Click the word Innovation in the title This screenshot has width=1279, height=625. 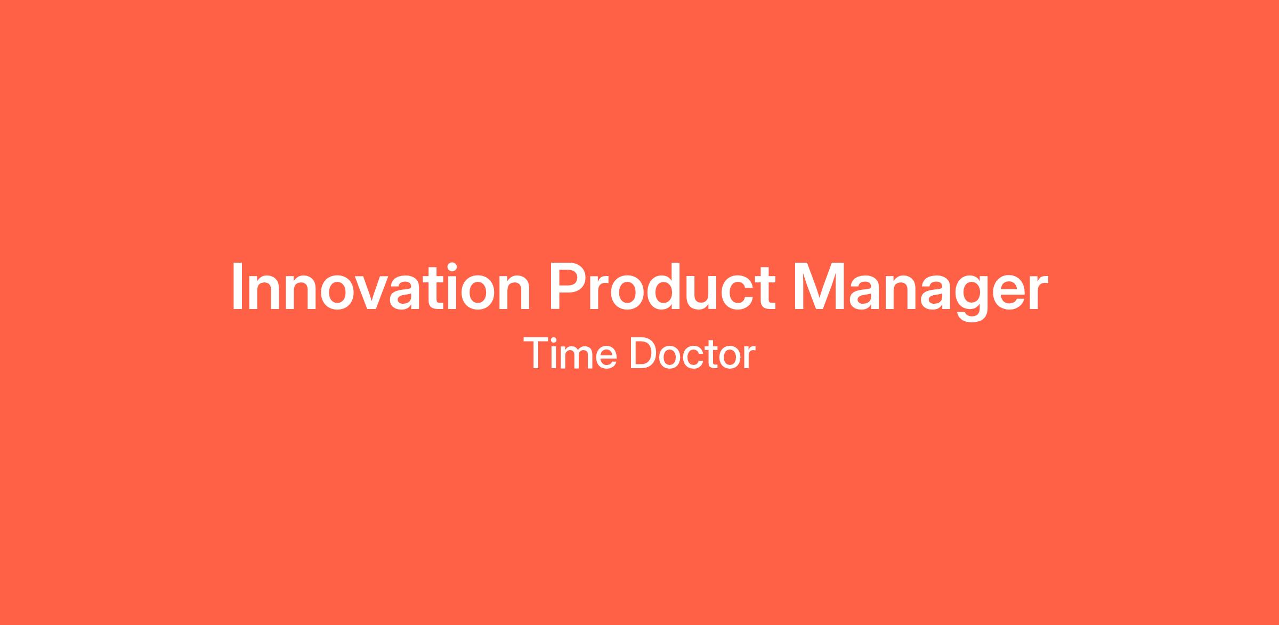[381, 286]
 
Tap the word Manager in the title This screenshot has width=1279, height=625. [920, 292]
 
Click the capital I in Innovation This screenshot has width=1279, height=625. [237, 286]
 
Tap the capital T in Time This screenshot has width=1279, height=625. [536, 353]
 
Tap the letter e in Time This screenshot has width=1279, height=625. [606, 358]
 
